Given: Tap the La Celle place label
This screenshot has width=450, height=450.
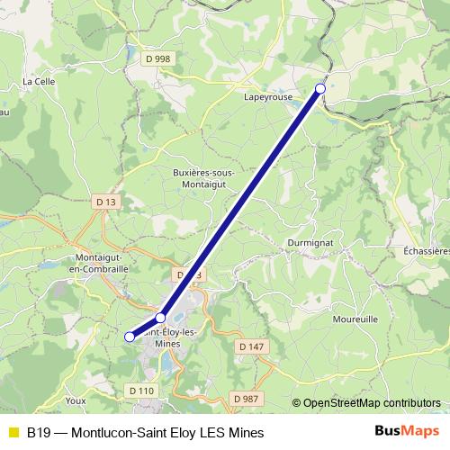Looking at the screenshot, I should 39,81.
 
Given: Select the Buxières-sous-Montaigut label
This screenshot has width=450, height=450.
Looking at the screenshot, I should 202,177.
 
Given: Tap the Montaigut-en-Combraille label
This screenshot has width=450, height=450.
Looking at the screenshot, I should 100,263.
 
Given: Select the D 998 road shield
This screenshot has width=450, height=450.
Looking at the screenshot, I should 157,58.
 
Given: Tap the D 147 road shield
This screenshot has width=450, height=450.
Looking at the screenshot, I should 252,346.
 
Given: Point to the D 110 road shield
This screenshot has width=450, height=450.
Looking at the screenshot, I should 141,390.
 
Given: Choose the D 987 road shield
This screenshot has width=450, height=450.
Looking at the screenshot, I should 244,398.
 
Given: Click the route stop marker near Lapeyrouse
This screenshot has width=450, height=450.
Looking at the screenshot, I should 320,88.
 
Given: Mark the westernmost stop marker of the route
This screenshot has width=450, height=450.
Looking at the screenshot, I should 130,336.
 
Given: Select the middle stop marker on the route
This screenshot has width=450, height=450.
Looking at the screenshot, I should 161,318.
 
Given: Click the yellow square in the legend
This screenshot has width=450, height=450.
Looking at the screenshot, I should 13,432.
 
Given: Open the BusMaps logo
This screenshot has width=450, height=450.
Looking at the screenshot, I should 407,431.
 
